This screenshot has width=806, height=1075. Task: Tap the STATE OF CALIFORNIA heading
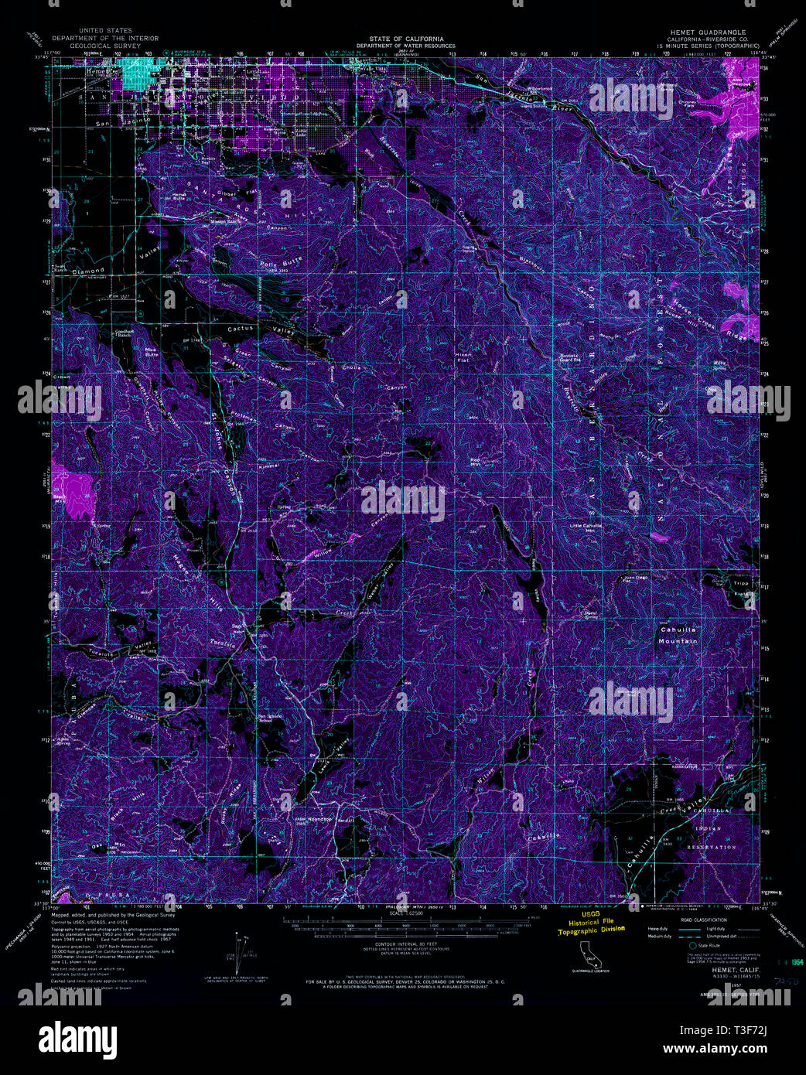coord(406,38)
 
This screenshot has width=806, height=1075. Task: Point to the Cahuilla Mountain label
coord(678,635)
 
